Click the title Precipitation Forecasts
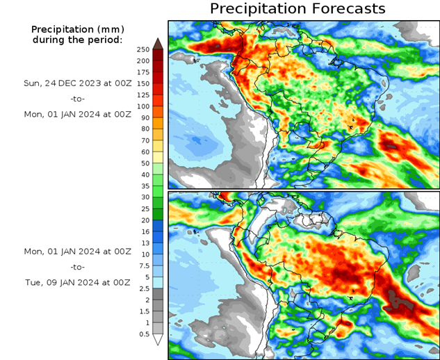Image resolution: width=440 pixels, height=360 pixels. pyautogui.click(x=298, y=9)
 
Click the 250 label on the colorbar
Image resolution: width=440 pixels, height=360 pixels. pyautogui.click(x=143, y=49)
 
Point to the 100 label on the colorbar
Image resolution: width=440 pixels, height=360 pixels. pyautogui.click(x=143, y=106)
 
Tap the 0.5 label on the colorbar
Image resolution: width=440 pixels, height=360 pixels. pyautogui.click(x=143, y=334)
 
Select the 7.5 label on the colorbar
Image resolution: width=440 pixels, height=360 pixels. pyautogui.click(x=143, y=265)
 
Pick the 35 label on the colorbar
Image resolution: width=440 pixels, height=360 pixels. pyautogui.click(x=143, y=186)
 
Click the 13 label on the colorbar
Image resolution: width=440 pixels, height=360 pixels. pyautogui.click(x=143, y=243)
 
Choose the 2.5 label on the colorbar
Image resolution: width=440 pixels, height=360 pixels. pyautogui.click(x=143, y=288)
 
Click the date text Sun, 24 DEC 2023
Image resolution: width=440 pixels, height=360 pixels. pyautogui.click(x=76, y=83)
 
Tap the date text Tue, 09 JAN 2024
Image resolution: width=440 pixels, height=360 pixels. pyautogui.click(x=76, y=282)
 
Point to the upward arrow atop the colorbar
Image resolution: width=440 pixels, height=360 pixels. pyautogui.click(x=157, y=42)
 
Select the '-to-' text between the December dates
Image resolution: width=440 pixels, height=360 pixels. pyautogui.click(x=76, y=99)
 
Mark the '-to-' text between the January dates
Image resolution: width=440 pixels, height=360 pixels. pyautogui.click(x=76, y=266)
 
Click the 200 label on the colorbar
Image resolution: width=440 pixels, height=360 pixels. pyautogui.click(x=143, y=60)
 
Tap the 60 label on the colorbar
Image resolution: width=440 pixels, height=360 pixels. pyautogui.click(x=143, y=152)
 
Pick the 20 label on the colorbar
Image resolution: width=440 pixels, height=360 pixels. pyautogui.click(x=143, y=220)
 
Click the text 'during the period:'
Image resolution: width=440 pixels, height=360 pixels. pyautogui.click(x=76, y=40)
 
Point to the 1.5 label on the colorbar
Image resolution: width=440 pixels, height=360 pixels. pyautogui.click(x=143, y=311)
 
